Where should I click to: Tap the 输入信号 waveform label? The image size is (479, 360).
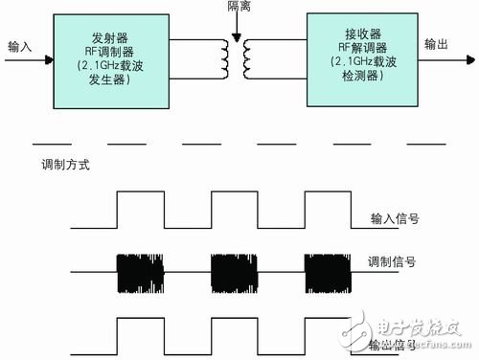click(395, 218)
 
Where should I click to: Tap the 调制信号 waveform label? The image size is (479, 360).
click(393, 261)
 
